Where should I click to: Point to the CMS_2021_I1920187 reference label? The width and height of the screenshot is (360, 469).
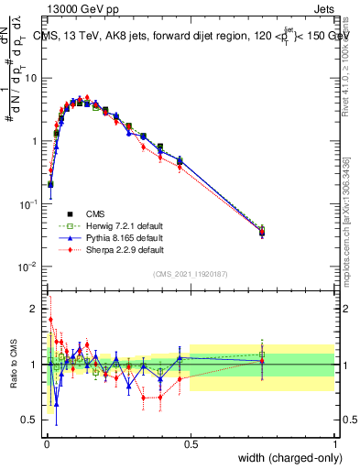(191, 274)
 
